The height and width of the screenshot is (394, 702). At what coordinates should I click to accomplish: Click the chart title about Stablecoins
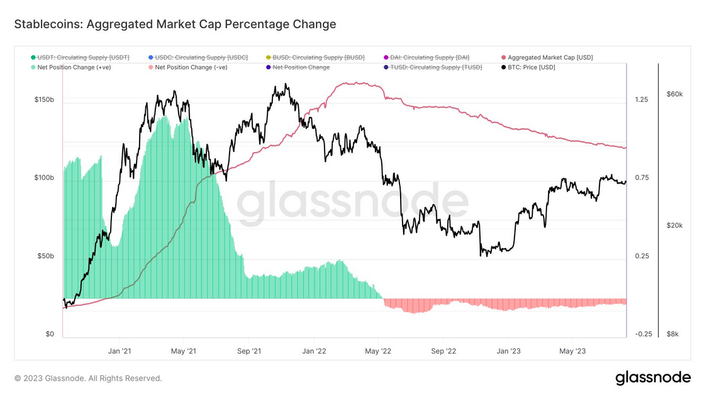pyautogui.click(x=175, y=25)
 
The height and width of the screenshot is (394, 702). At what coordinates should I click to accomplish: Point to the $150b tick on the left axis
pyautogui.click(x=45, y=100)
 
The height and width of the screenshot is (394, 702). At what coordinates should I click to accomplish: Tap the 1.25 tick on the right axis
pyautogui.click(x=642, y=100)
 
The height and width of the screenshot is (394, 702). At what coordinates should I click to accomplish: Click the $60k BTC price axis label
pyautogui.click(x=674, y=94)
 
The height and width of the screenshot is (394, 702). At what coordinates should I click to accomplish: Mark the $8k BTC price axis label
pyautogui.click(x=672, y=334)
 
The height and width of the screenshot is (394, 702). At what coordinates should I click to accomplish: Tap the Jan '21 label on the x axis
pyautogui.click(x=120, y=351)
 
